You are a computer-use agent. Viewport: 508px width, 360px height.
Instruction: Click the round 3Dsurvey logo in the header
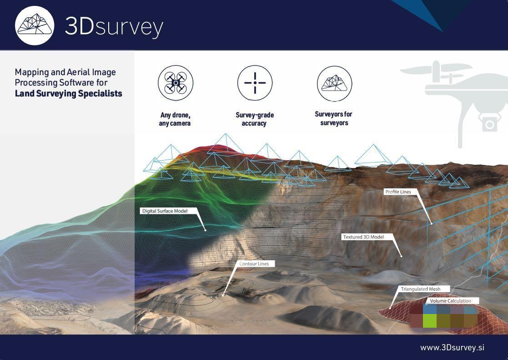35,25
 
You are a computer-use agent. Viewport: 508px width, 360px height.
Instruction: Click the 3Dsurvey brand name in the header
114,26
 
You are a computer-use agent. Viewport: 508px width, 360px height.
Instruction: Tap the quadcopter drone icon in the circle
176,83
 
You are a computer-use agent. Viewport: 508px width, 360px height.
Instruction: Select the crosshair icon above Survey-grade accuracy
255,83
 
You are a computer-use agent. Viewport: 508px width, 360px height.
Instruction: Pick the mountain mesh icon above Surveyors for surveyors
334,83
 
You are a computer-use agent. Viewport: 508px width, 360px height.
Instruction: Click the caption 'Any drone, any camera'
175,119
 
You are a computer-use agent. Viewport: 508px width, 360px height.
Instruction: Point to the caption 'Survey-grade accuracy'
255,119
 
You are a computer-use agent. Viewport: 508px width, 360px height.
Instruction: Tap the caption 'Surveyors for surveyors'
334,118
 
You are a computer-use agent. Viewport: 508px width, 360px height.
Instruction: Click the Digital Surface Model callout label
165,211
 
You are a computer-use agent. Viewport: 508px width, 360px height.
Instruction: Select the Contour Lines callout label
254,264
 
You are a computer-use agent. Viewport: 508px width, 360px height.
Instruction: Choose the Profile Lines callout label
398,192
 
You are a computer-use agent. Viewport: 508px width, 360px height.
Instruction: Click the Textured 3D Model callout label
363,237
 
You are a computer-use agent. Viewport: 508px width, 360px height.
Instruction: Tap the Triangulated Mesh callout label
421,289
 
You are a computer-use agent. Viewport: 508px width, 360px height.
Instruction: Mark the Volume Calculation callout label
450,301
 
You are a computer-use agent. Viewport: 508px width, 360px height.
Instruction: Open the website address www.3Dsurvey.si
452,348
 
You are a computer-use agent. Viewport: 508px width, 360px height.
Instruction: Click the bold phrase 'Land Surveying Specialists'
68,94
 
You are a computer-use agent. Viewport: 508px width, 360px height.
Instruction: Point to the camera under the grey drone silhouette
489,124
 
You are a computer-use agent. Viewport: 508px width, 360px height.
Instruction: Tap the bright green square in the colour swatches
430,321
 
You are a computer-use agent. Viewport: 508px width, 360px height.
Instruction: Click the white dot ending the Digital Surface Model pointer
206,230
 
